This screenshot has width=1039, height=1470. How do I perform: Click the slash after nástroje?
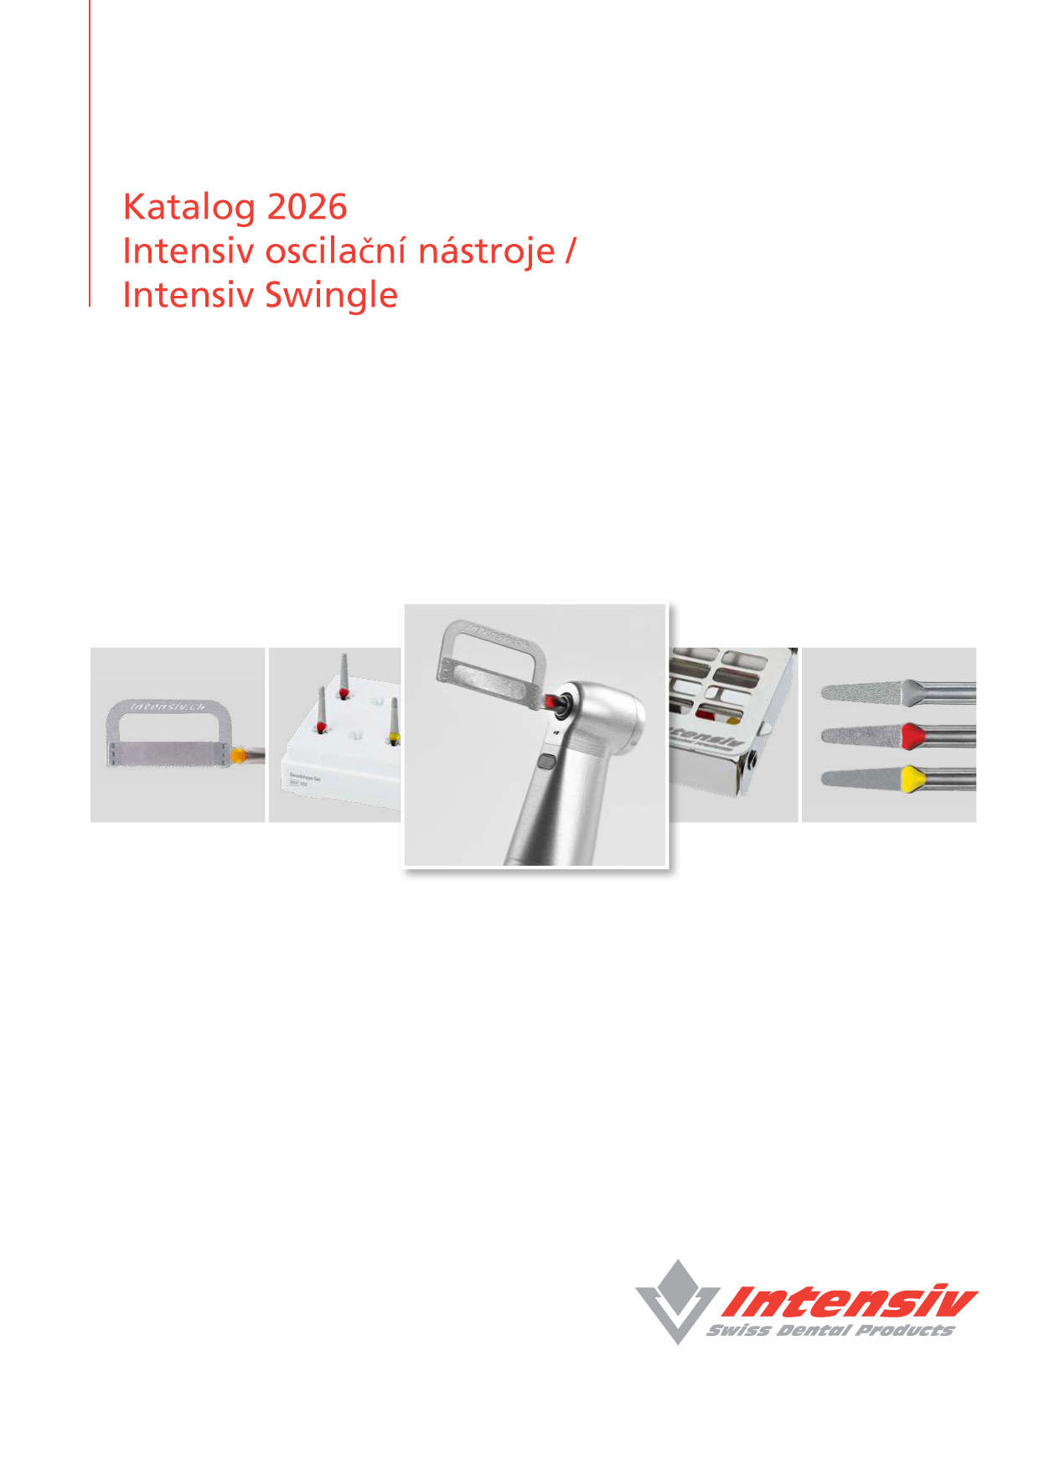[x=571, y=251]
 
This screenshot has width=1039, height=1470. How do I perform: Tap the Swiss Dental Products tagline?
[x=830, y=1330]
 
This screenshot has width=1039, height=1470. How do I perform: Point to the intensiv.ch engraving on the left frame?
[x=168, y=707]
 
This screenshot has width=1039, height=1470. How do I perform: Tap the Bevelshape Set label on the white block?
[x=303, y=779]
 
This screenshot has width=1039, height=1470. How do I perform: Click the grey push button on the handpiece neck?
[x=547, y=762]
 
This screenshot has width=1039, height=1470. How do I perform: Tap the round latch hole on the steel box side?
[x=756, y=760]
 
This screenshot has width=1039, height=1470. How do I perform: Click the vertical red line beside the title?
[x=90, y=151]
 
